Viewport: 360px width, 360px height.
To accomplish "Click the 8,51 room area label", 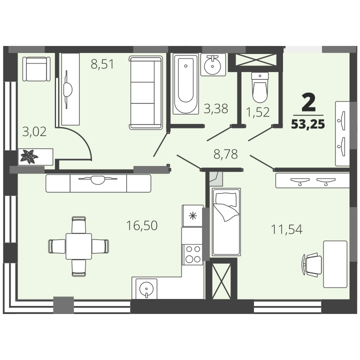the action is pyautogui.click(x=102, y=64).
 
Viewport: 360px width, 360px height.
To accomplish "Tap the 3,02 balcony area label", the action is pyautogui.click(x=34, y=132).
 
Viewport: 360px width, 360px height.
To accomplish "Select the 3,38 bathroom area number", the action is pyautogui.click(x=216, y=108).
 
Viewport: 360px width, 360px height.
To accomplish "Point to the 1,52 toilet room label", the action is pyautogui.click(x=257, y=112).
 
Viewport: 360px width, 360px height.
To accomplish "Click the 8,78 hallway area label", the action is pyautogui.click(x=225, y=154).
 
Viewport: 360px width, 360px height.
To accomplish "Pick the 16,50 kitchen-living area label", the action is pyautogui.click(x=142, y=225).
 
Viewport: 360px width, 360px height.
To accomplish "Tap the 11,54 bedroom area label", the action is pyautogui.click(x=287, y=229).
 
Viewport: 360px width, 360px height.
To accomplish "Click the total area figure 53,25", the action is pyautogui.click(x=308, y=124).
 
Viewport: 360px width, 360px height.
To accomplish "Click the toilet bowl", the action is pyautogui.click(x=260, y=87).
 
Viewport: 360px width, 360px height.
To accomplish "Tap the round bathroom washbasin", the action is pyautogui.click(x=212, y=65).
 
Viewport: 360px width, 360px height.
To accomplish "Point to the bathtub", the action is pyautogui.click(x=185, y=84).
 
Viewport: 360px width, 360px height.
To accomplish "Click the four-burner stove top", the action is pyautogui.click(x=192, y=254).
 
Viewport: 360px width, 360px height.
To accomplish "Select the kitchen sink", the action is pyautogui.click(x=146, y=289).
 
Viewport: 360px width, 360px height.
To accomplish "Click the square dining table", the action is pyautogui.click(x=79, y=246).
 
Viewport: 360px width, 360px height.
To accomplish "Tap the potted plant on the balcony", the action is pyautogui.click(x=29, y=156).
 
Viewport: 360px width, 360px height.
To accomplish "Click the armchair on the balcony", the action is pyautogui.click(x=36, y=69).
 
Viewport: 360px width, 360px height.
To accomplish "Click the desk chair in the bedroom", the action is pyautogui.click(x=312, y=264).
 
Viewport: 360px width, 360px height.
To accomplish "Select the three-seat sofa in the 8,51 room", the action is pyautogui.click(x=146, y=93).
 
